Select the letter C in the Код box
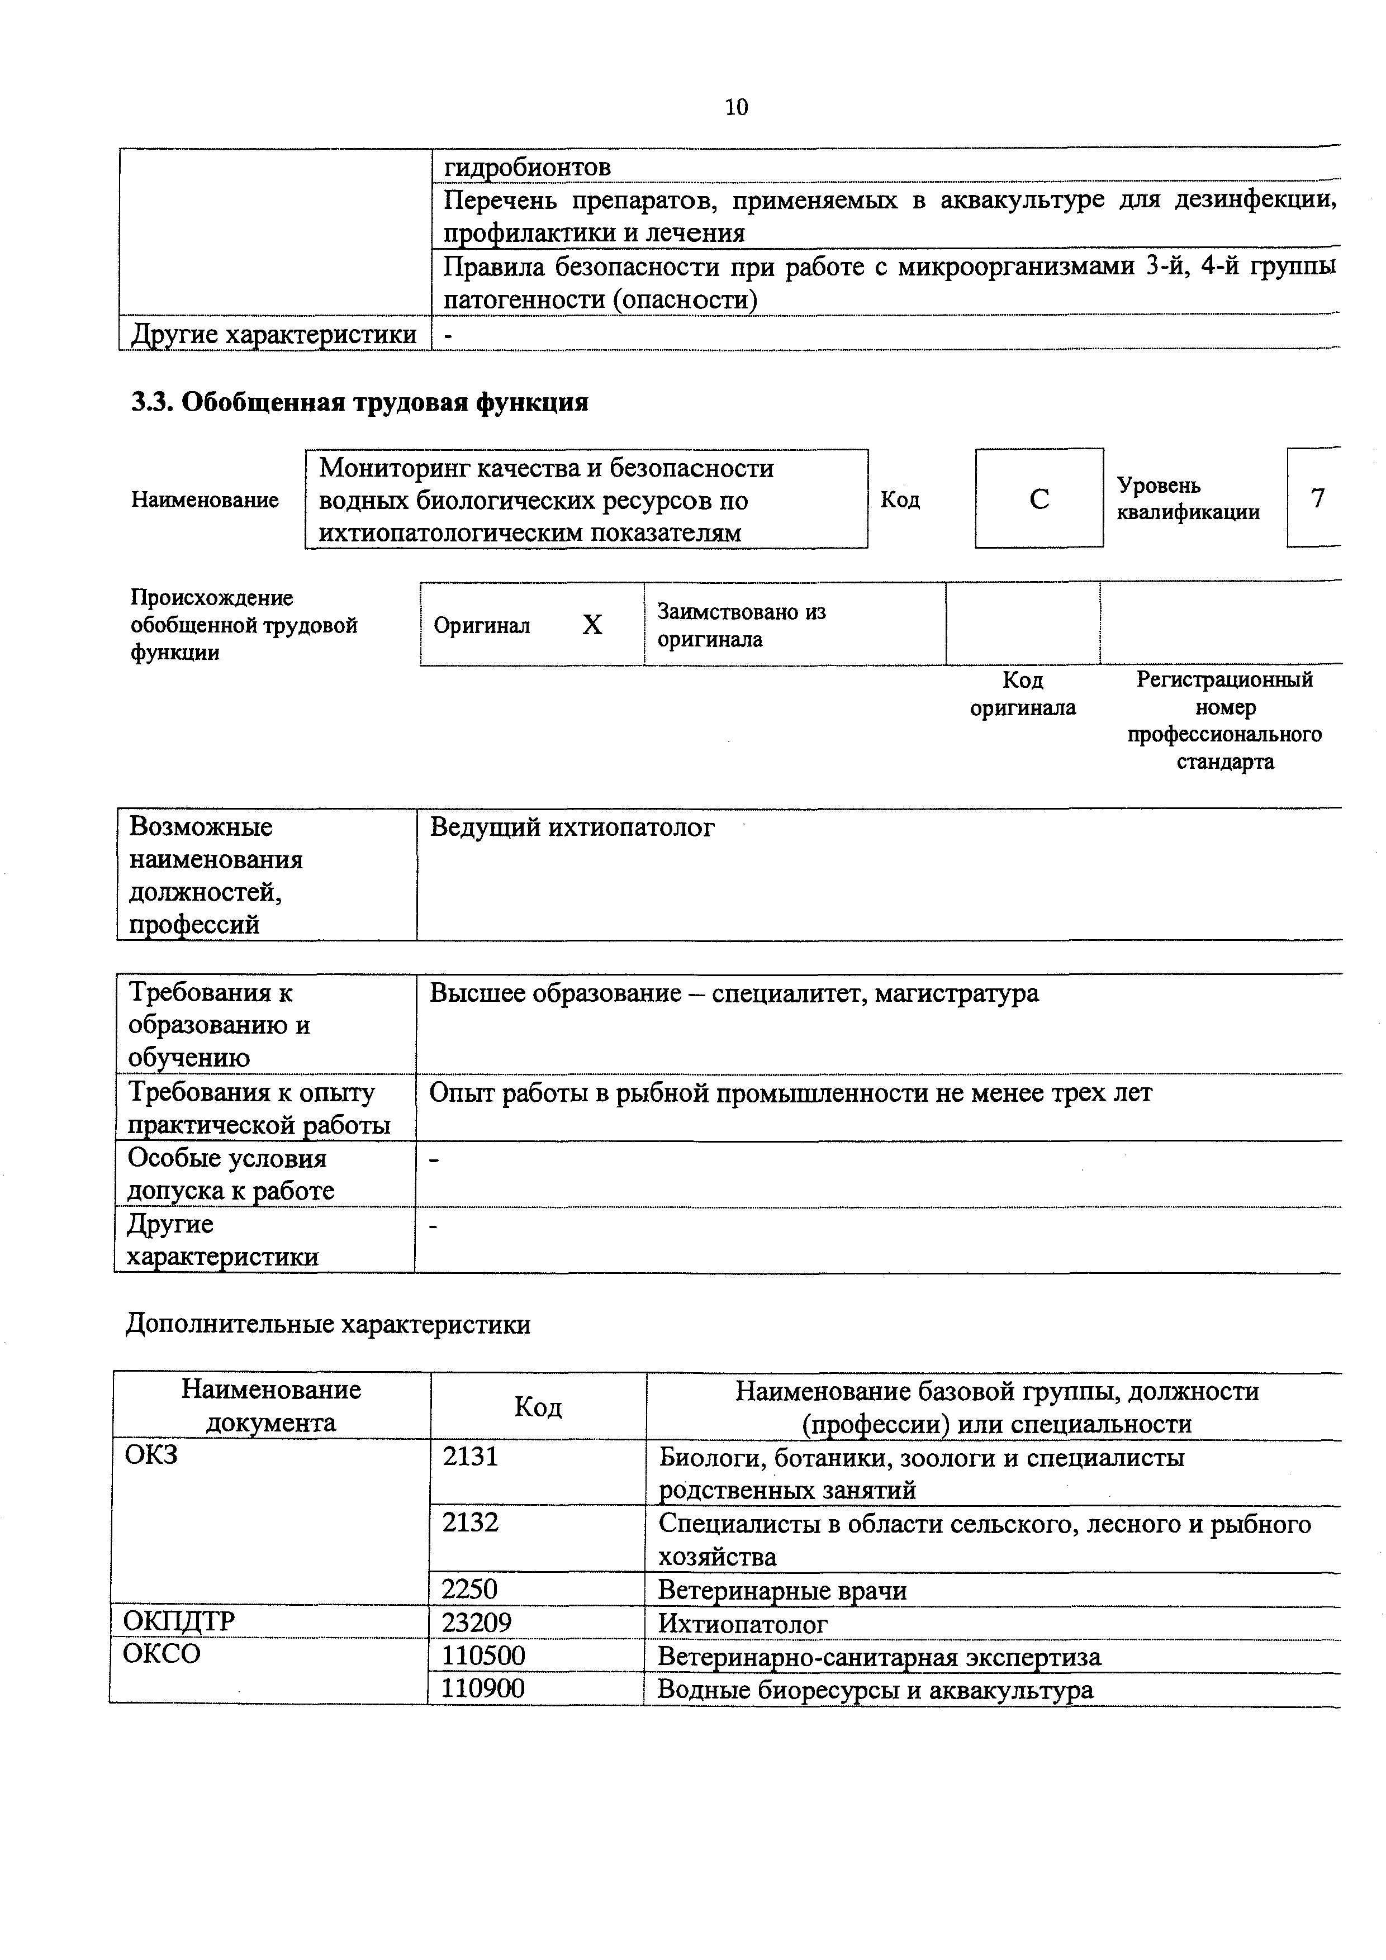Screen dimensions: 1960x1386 coord(1038,498)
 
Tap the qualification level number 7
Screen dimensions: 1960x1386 coord(1318,498)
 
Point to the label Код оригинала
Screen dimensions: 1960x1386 coord(1022,694)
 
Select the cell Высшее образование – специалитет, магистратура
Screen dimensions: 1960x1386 coord(734,993)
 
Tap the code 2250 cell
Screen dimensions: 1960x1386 coord(469,1588)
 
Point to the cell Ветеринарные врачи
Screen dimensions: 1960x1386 coord(781,1590)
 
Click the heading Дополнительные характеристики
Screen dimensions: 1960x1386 coord(328,1324)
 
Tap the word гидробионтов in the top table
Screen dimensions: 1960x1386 coord(527,166)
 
